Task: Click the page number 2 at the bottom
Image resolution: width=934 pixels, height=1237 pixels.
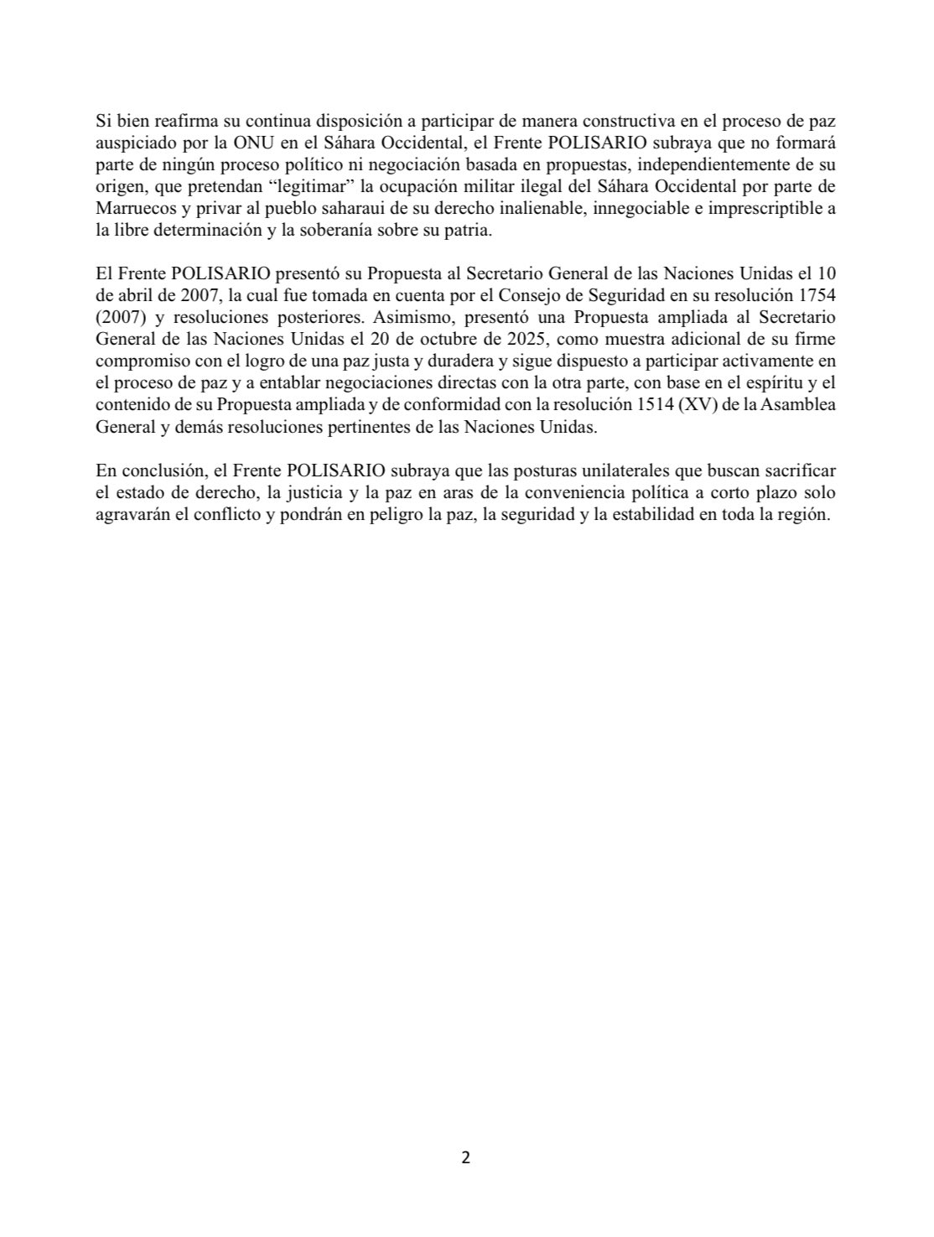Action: tap(466, 1158)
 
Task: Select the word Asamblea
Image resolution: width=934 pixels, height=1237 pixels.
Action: tap(803, 406)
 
